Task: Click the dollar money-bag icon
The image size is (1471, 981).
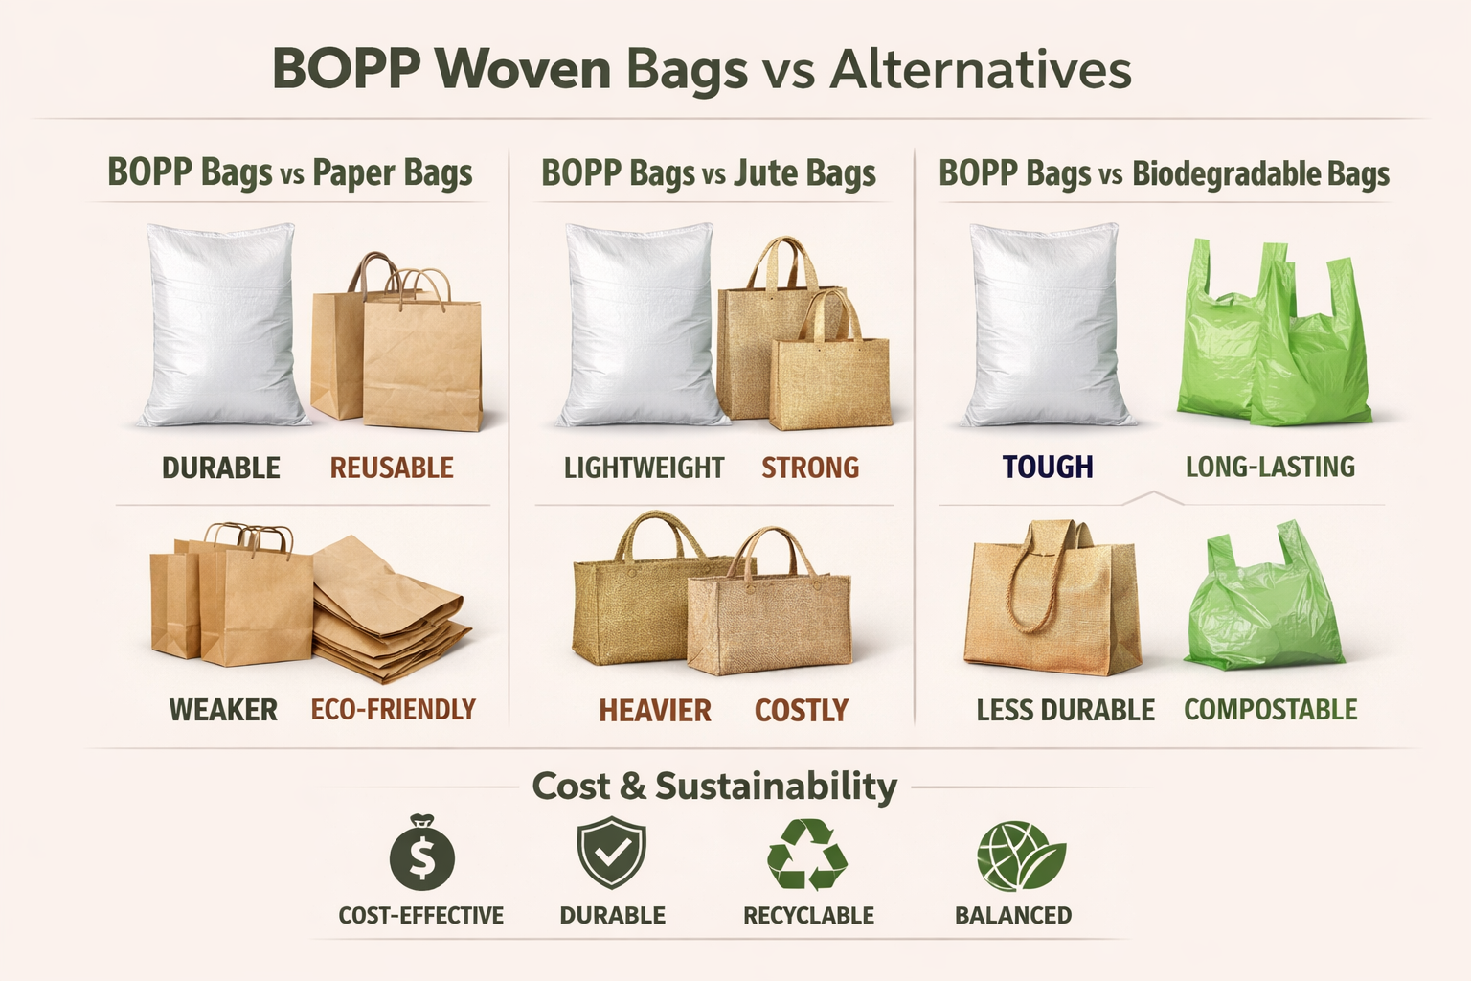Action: [421, 854]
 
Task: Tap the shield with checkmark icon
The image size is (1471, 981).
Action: [611, 854]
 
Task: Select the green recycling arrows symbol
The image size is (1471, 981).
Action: [807, 854]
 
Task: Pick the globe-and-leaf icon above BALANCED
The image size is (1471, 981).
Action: [1019, 856]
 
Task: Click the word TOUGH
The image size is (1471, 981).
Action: [1047, 467]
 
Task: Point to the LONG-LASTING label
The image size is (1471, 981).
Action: [1270, 467]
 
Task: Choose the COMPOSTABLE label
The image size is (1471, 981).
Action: [1270, 710]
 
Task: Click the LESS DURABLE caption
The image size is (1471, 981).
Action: [1065, 710]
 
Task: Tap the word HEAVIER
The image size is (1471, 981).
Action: [655, 710]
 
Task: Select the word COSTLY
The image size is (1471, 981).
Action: [802, 710]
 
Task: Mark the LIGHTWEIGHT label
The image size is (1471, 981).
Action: [644, 468]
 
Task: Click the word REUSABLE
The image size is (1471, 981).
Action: [392, 468]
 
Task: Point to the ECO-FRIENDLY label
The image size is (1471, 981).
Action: [393, 709]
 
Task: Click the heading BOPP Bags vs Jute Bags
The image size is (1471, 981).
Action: [709, 173]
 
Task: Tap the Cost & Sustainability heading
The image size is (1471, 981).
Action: [714, 786]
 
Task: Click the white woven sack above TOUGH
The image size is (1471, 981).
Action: [1046, 326]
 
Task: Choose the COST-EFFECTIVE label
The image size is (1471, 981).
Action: [420, 915]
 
